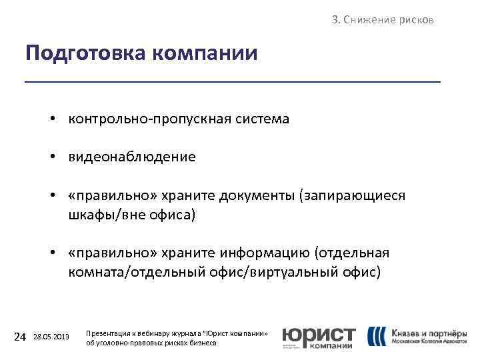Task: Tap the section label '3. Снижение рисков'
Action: pos(383,20)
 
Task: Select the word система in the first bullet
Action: pos(260,119)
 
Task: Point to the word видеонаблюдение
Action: pos(131,157)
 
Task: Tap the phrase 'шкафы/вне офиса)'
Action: pos(132,215)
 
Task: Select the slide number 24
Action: pos(20,337)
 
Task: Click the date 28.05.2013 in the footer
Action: pos(51,337)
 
